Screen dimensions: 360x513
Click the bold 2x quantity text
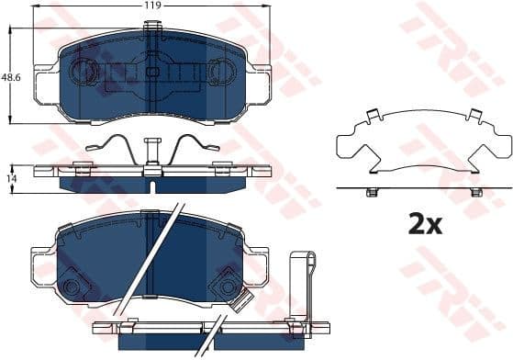click(x=426, y=222)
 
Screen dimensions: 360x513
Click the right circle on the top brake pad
click(x=222, y=70)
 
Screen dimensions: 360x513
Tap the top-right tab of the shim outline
click(x=474, y=116)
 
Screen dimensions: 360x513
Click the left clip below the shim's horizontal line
click(x=372, y=192)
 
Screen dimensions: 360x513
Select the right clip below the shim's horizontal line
click(x=475, y=192)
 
